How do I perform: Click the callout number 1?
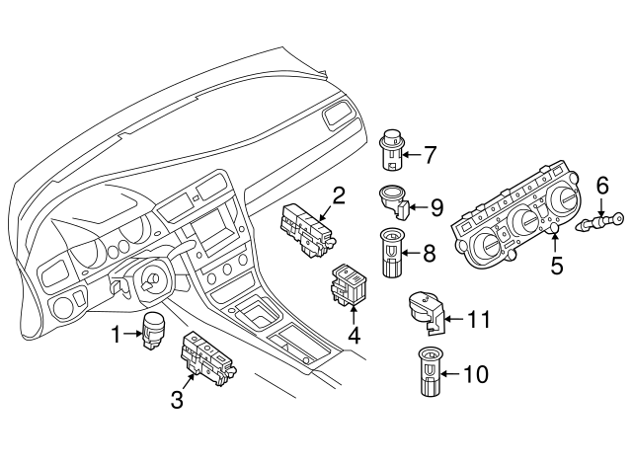pyautogui.click(x=117, y=335)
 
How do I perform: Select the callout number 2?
pyautogui.click(x=338, y=195)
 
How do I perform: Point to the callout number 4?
pyautogui.click(x=353, y=334)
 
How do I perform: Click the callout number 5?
pyautogui.click(x=557, y=265)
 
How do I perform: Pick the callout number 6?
pyautogui.click(x=601, y=184)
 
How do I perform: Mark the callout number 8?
pyautogui.click(x=429, y=253)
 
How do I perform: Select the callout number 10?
pyautogui.click(x=475, y=374)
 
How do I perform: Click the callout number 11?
pyautogui.click(x=478, y=319)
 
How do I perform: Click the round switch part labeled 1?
pyautogui.click(x=153, y=330)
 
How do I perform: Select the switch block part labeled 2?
pyautogui.click(x=307, y=230)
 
